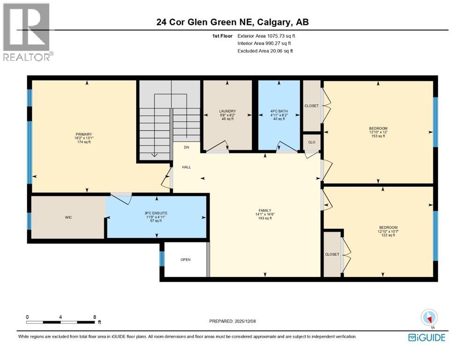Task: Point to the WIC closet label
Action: (68, 217)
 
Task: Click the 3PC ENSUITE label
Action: (155, 213)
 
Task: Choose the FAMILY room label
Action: (265, 210)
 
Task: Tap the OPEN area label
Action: (185, 260)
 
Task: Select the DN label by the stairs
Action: (186, 148)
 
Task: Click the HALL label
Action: (186, 167)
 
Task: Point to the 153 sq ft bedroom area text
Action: (378, 137)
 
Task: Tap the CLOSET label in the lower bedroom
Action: (332, 254)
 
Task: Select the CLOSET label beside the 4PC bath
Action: (311, 106)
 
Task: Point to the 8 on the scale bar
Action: (95, 317)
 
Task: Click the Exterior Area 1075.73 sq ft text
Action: (266, 36)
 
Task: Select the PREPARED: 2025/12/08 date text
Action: (232, 321)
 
